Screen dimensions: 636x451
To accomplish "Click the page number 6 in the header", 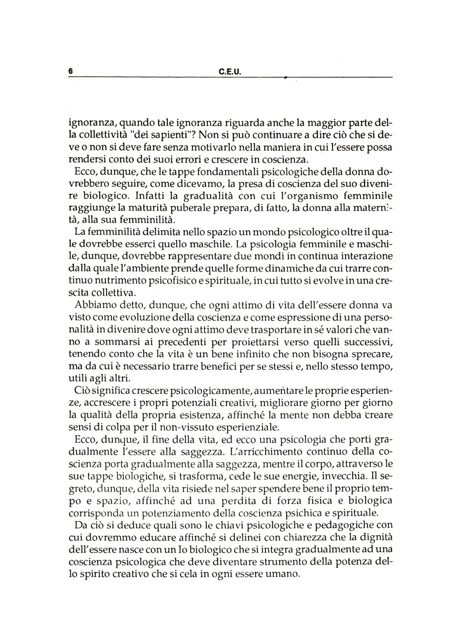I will tap(70, 71).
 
